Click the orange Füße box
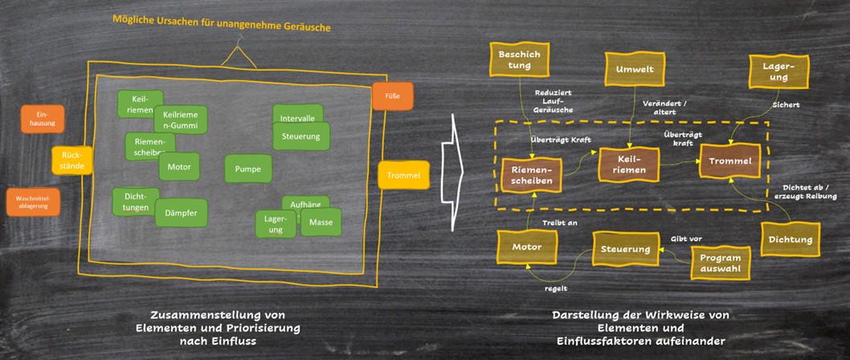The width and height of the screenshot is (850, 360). click(392, 96)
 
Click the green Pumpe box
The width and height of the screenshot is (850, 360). click(247, 170)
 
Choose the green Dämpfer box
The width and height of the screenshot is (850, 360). click(181, 212)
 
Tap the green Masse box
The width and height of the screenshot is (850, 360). click(321, 222)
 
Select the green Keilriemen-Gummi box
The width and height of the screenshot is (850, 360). click(181, 120)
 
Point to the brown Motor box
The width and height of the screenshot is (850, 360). click(526, 247)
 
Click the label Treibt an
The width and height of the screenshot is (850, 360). click(561, 223)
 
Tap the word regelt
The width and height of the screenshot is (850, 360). click(554, 284)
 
